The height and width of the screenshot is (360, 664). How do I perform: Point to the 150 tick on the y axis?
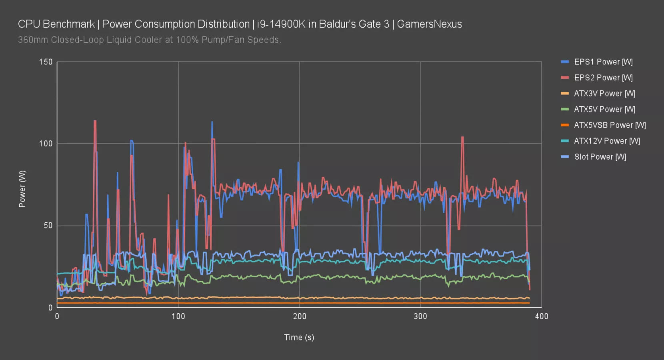point(46,62)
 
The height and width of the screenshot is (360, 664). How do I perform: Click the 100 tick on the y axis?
point(46,144)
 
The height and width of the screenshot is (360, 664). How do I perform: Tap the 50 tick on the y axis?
point(48,226)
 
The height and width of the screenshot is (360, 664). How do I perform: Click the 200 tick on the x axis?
point(299,316)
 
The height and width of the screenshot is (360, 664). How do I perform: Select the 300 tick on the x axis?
point(420,316)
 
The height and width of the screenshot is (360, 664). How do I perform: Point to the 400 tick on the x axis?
point(541,316)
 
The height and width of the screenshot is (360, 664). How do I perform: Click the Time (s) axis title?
point(299,338)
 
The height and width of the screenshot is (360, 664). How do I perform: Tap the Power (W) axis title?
point(22,189)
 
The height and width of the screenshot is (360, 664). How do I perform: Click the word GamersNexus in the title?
point(429,24)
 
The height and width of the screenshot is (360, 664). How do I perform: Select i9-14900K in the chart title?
point(281,24)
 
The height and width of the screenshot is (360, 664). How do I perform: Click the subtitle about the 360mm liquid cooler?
point(150,40)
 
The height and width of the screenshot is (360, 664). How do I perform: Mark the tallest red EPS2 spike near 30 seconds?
point(95,121)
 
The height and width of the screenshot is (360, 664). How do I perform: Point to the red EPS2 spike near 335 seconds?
point(462,138)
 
